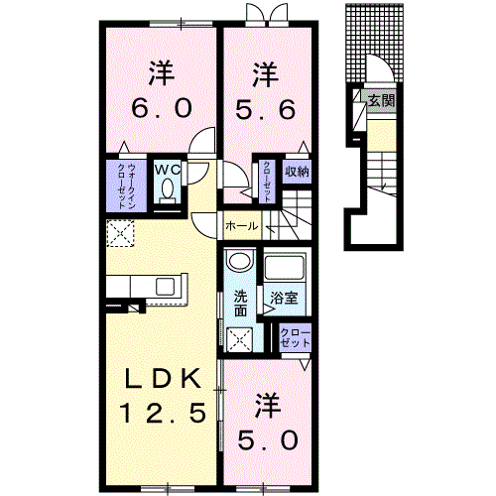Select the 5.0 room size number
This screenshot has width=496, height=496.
(x=263, y=436)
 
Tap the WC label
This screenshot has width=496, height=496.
(x=165, y=169)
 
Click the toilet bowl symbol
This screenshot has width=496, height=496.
(x=166, y=187)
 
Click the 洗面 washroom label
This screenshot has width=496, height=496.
(x=241, y=303)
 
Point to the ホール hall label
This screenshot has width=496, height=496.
(x=241, y=226)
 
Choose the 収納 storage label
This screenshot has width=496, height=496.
(x=296, y=171)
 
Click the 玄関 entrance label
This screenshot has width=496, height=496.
(x=380, y=99)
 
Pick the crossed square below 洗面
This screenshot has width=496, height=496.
(x=239, y=339)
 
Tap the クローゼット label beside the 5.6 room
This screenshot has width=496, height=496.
(x=267, y=182)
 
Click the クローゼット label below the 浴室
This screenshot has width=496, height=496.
(x=295, y=336)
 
